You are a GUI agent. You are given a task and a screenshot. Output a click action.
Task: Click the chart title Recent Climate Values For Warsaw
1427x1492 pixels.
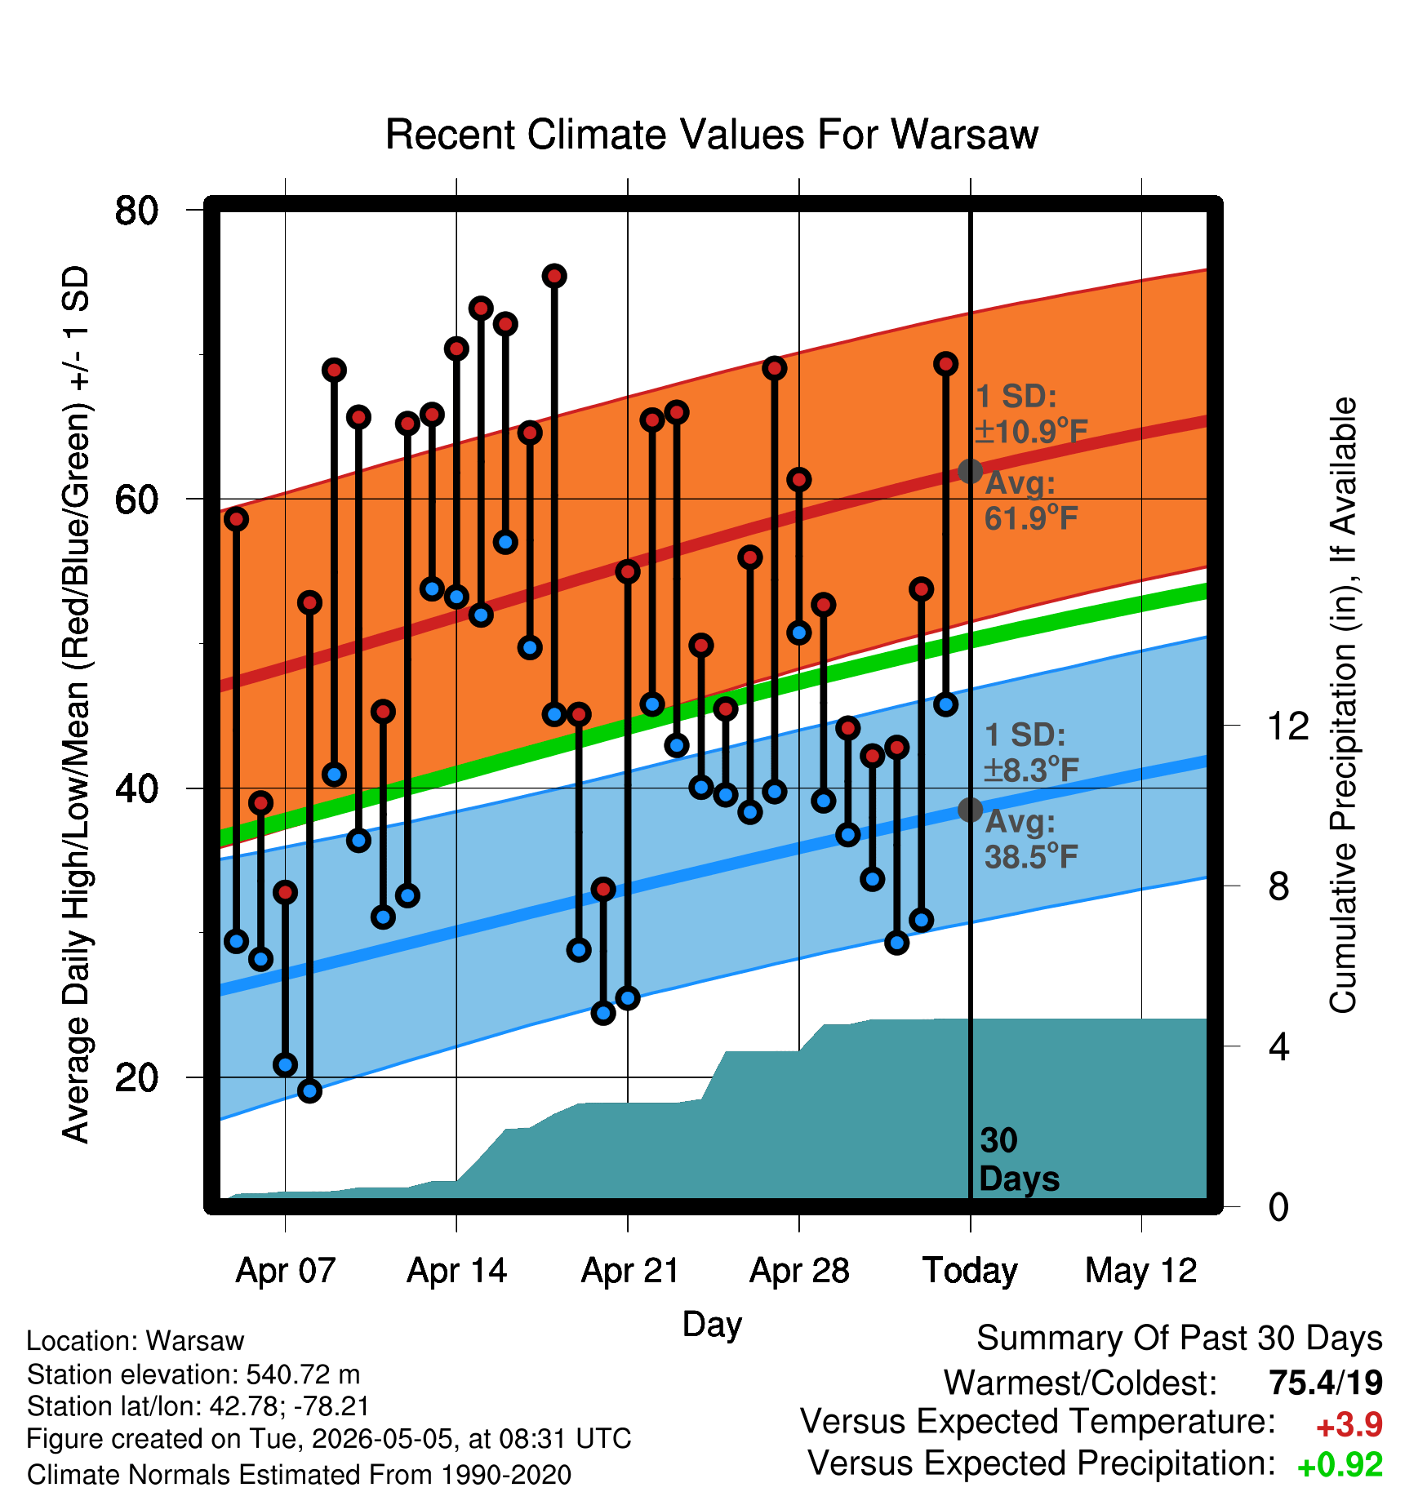pos(711,135)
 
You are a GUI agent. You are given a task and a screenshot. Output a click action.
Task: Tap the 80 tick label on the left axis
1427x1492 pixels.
pos(136,211)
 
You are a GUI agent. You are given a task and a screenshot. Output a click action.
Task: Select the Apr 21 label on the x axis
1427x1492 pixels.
pos(629,1270)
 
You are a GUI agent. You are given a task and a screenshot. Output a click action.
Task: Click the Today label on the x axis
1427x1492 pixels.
pos(970,1270)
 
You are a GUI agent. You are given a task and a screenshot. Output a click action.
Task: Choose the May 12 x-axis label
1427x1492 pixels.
pos(1140,1270)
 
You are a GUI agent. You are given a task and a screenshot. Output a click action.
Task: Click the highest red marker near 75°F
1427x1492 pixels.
pos(554,276)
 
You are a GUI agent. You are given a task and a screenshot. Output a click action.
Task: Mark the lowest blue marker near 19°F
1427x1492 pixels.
pos(309,1090)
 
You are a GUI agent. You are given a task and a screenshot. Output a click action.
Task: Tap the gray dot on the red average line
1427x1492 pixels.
pos(970,471)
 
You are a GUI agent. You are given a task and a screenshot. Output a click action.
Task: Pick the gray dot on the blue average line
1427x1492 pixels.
pos(970,810)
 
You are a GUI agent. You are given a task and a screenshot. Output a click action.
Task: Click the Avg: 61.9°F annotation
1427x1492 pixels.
pos(1031,500)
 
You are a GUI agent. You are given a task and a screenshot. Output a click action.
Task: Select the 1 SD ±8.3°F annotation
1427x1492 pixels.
pos(1031,752)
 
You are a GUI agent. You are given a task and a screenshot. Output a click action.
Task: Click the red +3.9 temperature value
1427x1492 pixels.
pos(1349,1425)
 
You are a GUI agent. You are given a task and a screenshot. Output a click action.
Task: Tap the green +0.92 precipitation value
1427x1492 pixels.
pos(1340,1465)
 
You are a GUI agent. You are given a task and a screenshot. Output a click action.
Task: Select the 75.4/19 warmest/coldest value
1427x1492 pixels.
pos(1326,1383)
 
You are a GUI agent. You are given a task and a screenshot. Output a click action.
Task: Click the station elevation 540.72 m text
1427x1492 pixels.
pos(193,1374)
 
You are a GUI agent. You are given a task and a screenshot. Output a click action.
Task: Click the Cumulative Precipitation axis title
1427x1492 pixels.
pos(1343,705)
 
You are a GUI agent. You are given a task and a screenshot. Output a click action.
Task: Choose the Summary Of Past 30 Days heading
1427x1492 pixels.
pos(1180,1339)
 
